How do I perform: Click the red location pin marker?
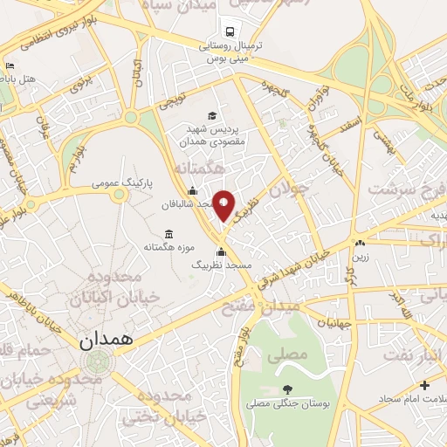point(224,205)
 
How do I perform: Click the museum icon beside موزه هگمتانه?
point(168,234)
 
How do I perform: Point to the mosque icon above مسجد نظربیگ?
point(221,251)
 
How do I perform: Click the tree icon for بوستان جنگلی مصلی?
point(288,389)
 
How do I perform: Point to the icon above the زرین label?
point(359,242)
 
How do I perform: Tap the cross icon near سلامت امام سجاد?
point(424,385)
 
